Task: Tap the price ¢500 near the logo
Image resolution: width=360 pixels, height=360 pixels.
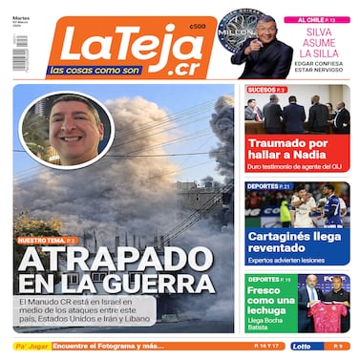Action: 198,28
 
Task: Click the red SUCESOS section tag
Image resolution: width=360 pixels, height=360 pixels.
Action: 266,90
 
